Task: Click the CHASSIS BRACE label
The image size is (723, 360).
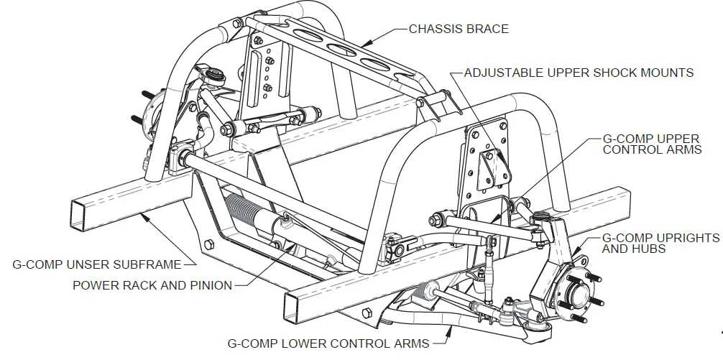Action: [459, 29]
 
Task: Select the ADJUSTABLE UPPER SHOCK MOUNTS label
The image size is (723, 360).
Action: [579, 73]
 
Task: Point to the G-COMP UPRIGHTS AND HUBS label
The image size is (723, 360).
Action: [660, 243]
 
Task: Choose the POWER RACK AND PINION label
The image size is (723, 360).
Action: [152, 285]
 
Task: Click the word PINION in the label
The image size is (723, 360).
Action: [208, 285]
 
